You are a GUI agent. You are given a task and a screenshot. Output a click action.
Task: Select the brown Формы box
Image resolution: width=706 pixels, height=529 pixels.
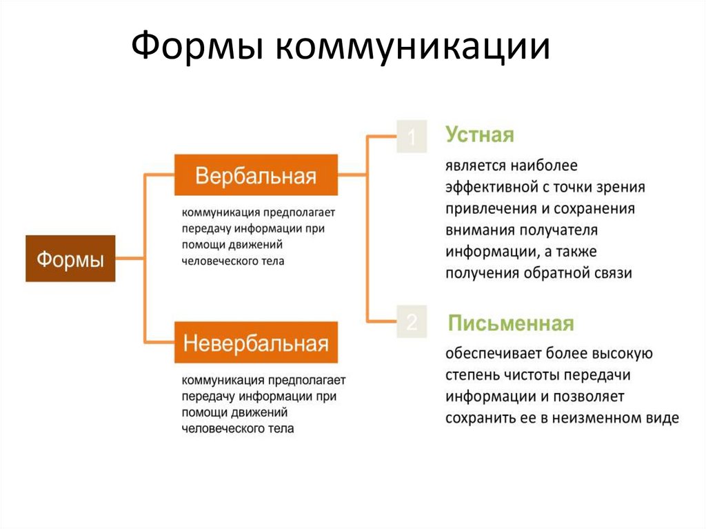(70, 259)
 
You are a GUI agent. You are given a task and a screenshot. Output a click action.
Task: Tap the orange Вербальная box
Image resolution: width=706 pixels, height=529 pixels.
(256, 175)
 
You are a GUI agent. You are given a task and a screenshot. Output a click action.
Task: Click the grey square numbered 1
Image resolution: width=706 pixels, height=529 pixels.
(411, 138)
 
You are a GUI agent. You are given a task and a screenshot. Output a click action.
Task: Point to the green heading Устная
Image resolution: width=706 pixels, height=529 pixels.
(480, 134)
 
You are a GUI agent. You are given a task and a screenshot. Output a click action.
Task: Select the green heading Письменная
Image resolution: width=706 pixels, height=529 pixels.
(511, 323)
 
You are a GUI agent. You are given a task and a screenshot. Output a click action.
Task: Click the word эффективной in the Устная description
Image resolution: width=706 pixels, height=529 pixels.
(490, 187)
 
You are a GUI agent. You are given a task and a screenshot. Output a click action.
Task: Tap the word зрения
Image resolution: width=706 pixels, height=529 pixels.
(622, 187)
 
